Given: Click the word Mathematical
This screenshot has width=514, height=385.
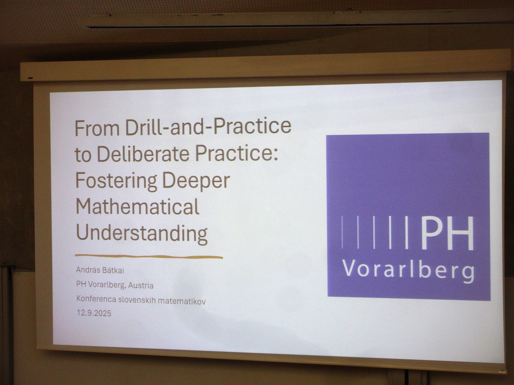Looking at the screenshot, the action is coord(138,207).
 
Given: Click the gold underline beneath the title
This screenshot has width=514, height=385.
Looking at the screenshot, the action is coord(149,257).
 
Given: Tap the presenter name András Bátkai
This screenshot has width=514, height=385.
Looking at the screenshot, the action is coord(100,270).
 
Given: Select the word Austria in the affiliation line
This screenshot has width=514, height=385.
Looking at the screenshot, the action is coord(141,286).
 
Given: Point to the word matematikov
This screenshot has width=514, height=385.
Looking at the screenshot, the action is coord(182,301).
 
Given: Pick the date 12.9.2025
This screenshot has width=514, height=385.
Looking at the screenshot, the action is coord(94,313).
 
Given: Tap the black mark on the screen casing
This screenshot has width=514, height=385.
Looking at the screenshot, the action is coord(30,78).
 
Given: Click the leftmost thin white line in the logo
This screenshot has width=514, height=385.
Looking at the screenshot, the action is coord(342,232).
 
